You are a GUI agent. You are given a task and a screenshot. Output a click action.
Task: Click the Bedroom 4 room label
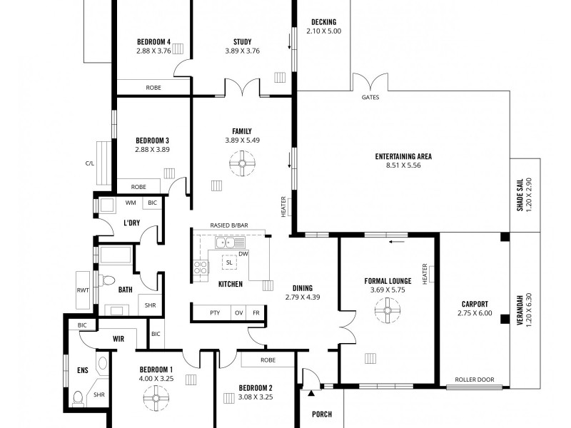pyautogui.click(x=153, y=41)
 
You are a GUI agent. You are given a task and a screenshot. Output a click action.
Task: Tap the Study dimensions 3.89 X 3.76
pyautogui.click(x=243, y=51)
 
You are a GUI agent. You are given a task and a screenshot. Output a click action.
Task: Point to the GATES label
pyautogui.click(x=370, y=98)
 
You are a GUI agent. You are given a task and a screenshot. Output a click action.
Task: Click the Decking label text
pyautogui.click(x=324, y=22)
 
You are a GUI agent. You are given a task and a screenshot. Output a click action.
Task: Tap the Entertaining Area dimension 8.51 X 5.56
pyautogui.click(x=404, y=166)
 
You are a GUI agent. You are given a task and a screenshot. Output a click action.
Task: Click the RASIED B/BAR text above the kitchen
pyautogui.click(x=229, y=225)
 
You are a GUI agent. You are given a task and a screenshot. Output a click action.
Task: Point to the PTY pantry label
pyautogui.click(x=215, y=312)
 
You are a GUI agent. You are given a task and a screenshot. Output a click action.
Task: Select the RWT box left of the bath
pyautogui.click(x=81, y=290)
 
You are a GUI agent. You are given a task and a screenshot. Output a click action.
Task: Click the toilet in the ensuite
pyautogui.click(x=79, y=397)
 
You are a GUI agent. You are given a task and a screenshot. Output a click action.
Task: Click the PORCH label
pyautogui.click(x=323, y=414)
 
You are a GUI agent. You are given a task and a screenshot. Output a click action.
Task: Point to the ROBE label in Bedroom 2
pyautogui.click(x=268, y=360)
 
